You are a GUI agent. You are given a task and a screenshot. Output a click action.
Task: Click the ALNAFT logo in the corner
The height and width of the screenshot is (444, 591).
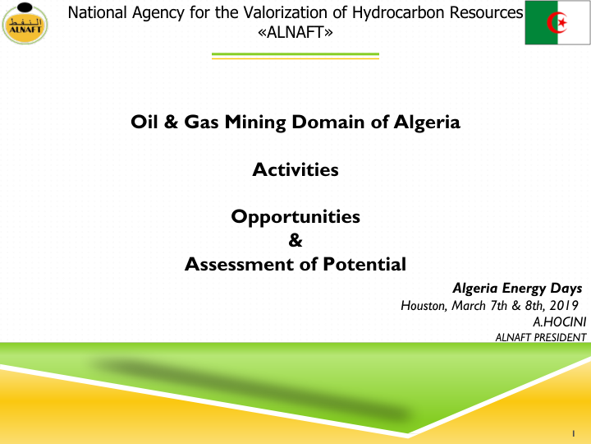click(x=25, y=23)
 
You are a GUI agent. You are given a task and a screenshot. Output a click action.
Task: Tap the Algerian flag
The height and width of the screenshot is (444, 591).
click(x=557, y=23)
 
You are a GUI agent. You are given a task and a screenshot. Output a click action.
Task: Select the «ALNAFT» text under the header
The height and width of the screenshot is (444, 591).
click(x=295, y=32)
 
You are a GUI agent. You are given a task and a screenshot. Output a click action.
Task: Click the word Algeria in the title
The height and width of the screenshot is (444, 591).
click(x=427, y=123)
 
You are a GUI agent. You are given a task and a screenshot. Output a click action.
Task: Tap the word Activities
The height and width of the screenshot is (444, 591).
click(x=295, y=169)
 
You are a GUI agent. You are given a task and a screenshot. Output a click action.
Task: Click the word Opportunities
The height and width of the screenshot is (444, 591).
click(x=295, y=217)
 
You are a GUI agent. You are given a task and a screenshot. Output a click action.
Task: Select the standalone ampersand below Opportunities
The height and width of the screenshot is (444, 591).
click(x=295, y=240)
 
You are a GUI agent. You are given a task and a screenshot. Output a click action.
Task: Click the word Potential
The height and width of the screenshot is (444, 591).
click(x=364, y=264)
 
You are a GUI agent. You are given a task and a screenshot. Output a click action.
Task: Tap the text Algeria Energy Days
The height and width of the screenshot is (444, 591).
click(x=517, y=289)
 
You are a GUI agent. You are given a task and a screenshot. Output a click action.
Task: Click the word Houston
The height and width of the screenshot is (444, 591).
click(x=424, y=305)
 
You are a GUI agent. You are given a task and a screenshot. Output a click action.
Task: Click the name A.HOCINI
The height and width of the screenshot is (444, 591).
click(x=559, y=321)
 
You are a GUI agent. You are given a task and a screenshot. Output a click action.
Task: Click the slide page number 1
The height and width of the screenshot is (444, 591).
click(x=574, y=433)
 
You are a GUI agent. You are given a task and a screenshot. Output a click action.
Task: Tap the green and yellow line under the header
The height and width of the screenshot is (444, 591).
click(x=295, y=56)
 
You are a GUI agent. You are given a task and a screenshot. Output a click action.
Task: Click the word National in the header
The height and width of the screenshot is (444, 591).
click(x=97, y=13)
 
